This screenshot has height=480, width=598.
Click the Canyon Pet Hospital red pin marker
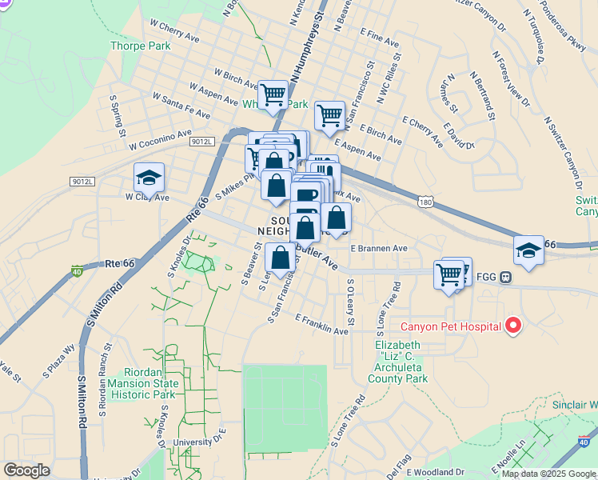click(513, 326)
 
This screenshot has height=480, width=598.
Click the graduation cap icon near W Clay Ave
click(149, 177)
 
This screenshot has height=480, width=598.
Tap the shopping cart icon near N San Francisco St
click(329, 115)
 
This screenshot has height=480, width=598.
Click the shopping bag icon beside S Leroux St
click(280, 259)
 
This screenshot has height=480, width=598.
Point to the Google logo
click(26, 470)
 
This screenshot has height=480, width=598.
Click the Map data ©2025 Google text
click(549, 474)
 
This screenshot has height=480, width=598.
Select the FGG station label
click(486, 278)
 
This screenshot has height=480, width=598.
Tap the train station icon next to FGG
click(505, 278)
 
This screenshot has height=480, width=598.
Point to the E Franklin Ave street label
click(322, 325)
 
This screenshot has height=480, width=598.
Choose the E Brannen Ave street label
click(378, 249)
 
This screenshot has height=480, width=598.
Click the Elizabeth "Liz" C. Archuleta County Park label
click(402, 362)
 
